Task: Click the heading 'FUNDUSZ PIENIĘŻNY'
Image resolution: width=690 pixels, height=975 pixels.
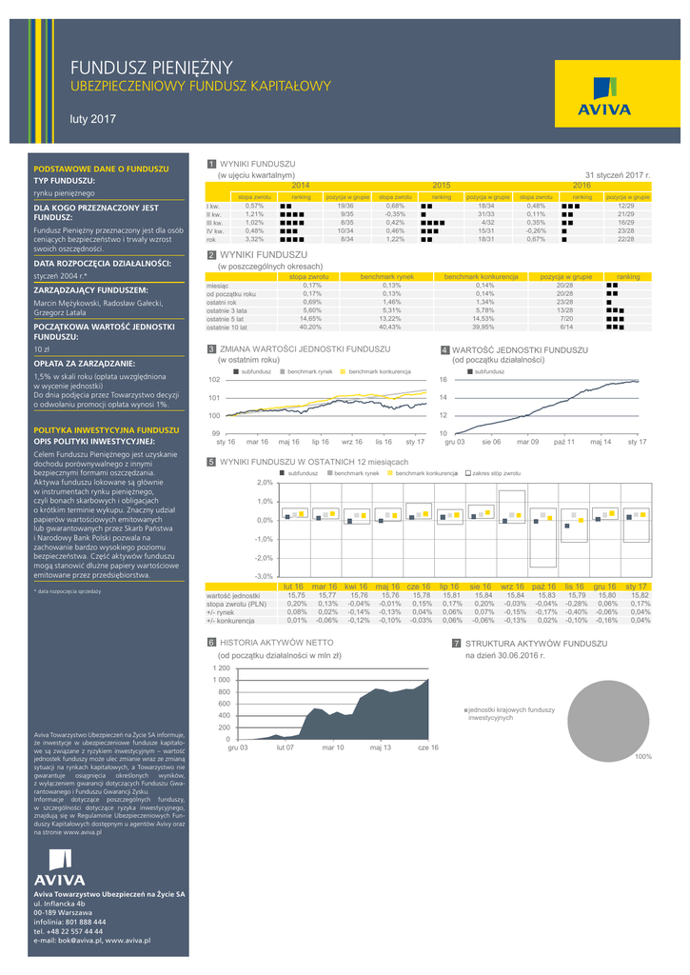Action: click(x=151, y=67)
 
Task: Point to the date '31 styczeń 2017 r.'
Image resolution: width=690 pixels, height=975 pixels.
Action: click(x=617, y=175)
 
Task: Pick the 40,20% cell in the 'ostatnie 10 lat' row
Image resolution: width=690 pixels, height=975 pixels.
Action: click(x=311, y=327)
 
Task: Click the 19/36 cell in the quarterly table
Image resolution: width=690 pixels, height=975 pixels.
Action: click(x=345, y=206)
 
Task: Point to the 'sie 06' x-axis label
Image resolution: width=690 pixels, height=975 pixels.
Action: click(x=491, y=442)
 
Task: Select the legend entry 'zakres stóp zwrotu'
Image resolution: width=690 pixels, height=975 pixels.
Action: click(x=495, y=472)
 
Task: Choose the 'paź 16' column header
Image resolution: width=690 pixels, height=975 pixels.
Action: click(x=544, y=587)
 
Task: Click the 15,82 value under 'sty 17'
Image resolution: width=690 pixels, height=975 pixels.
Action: click(x=640, y=595)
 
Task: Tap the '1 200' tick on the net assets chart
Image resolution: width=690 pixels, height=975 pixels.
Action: click(x=221, y=668)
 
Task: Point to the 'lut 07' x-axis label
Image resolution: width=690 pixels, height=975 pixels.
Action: click(x=285, y=747)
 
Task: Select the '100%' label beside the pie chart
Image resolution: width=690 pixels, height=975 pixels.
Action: click(x=643, y=756)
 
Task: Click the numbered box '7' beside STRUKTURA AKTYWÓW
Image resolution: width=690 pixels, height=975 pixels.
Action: click(x=457, y=644)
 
